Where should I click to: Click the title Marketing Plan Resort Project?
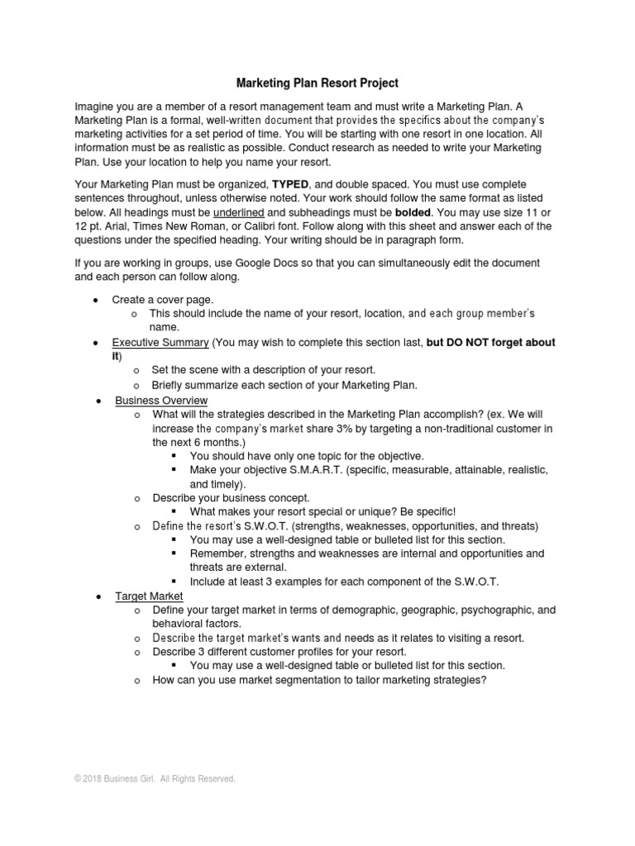click(317, 83)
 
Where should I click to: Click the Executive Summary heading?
click(160, 342)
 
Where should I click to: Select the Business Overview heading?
click(161, 400)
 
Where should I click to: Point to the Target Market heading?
click(149, 596)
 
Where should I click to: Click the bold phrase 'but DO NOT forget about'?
click(490, 342)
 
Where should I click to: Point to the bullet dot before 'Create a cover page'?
click(97, 299)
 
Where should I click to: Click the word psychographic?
click(489, 610)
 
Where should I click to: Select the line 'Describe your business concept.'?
click(231, 498)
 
